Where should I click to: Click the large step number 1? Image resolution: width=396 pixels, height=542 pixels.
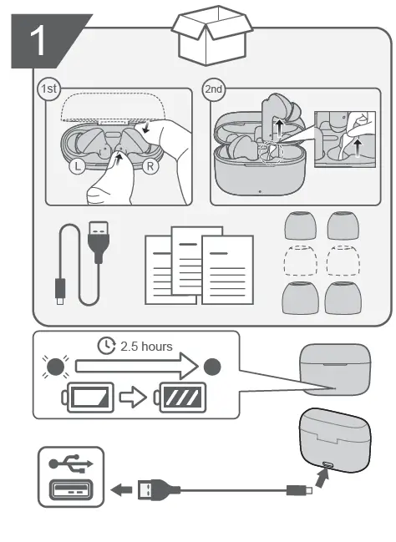pos(38,41)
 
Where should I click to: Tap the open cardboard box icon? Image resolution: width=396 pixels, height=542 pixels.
pos(212,35)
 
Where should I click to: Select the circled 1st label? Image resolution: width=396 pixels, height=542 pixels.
pos(48,89)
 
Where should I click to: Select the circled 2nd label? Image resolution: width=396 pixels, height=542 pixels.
pos(213,89)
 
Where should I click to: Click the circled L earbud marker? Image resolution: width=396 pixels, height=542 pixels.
pos(78,166)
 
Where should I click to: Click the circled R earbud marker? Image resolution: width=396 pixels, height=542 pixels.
pos(150,166)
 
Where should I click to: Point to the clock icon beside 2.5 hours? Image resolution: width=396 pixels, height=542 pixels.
pos(107,346)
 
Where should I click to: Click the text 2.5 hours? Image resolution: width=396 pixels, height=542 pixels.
pos(146,347)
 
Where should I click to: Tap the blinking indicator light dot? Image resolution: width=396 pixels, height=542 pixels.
pos(55,367)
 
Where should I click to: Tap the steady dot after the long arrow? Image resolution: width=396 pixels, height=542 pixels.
pos(212,367)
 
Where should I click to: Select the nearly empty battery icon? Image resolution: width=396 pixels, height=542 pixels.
pos(88,398)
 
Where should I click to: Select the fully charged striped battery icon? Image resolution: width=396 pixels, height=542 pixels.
pos(180,398)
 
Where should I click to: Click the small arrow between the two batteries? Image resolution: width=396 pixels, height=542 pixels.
pos(133,398)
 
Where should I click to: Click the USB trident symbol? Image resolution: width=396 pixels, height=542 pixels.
pos(71,463)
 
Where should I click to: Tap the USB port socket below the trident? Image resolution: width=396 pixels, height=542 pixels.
pos(71,490)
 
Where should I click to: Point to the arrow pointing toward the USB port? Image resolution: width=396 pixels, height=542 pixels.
pos(121,490)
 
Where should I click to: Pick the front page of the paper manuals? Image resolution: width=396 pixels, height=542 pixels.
pos(227,270)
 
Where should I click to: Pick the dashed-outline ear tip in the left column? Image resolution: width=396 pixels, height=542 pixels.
pos(300,261)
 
